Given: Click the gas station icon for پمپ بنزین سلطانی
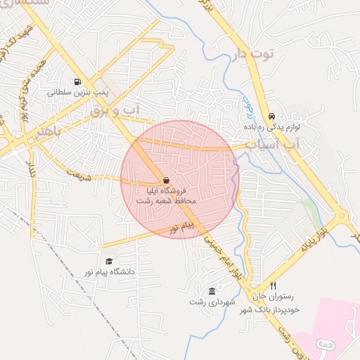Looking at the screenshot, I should (76, 82).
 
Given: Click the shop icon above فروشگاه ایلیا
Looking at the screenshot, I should (166, 180).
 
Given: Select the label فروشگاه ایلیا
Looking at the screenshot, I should (167, 191).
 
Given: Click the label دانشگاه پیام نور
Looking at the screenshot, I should (109, 271).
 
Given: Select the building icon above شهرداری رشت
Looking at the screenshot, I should (212, 291).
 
